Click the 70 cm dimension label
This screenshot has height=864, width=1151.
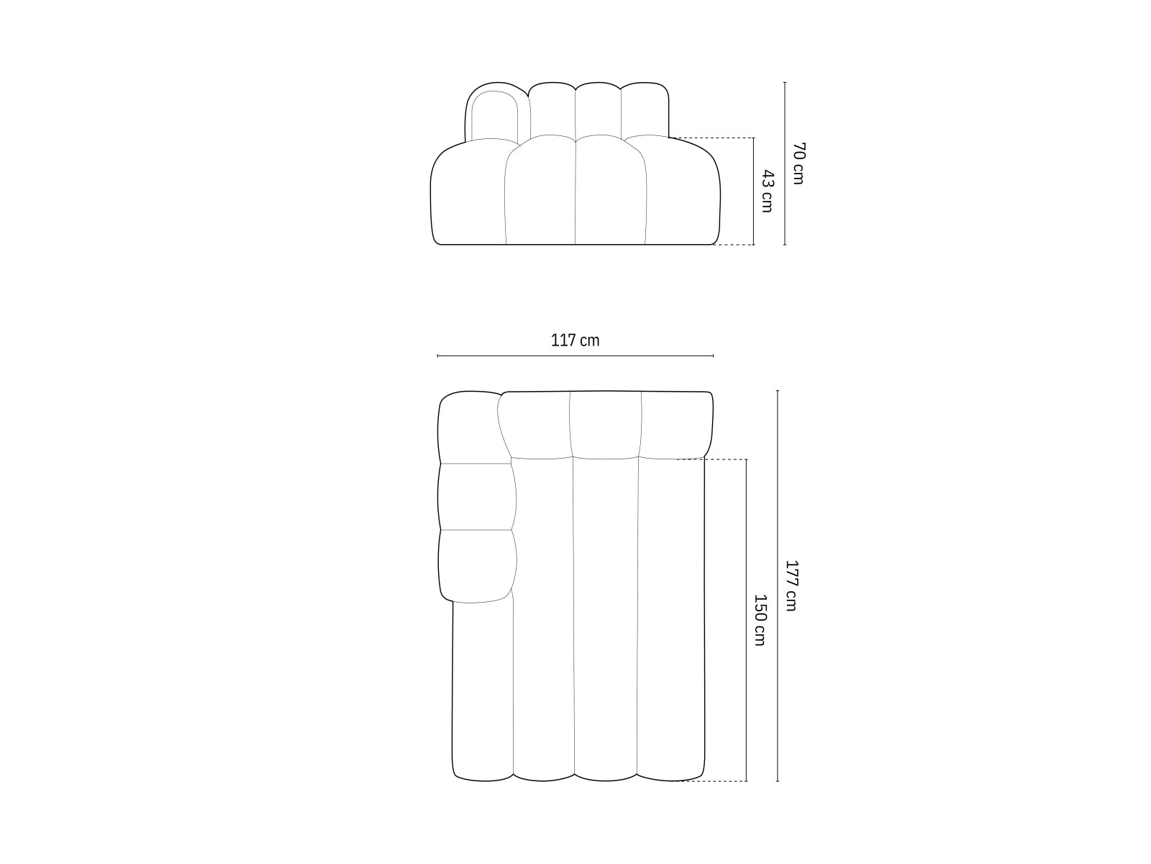[x=798, y=163]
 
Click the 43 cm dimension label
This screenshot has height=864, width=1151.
[x=767, y=191]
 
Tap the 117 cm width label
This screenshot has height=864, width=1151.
[x=575, y=341]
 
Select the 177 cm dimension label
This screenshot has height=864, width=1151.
[x=791, y=585]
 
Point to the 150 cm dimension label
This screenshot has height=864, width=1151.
[x=760, y=620]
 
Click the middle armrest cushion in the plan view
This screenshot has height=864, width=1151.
[x=477, y=497]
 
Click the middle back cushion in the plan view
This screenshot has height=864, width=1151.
[x=606, y=425]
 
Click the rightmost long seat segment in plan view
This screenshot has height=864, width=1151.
[x=671, y=619]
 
